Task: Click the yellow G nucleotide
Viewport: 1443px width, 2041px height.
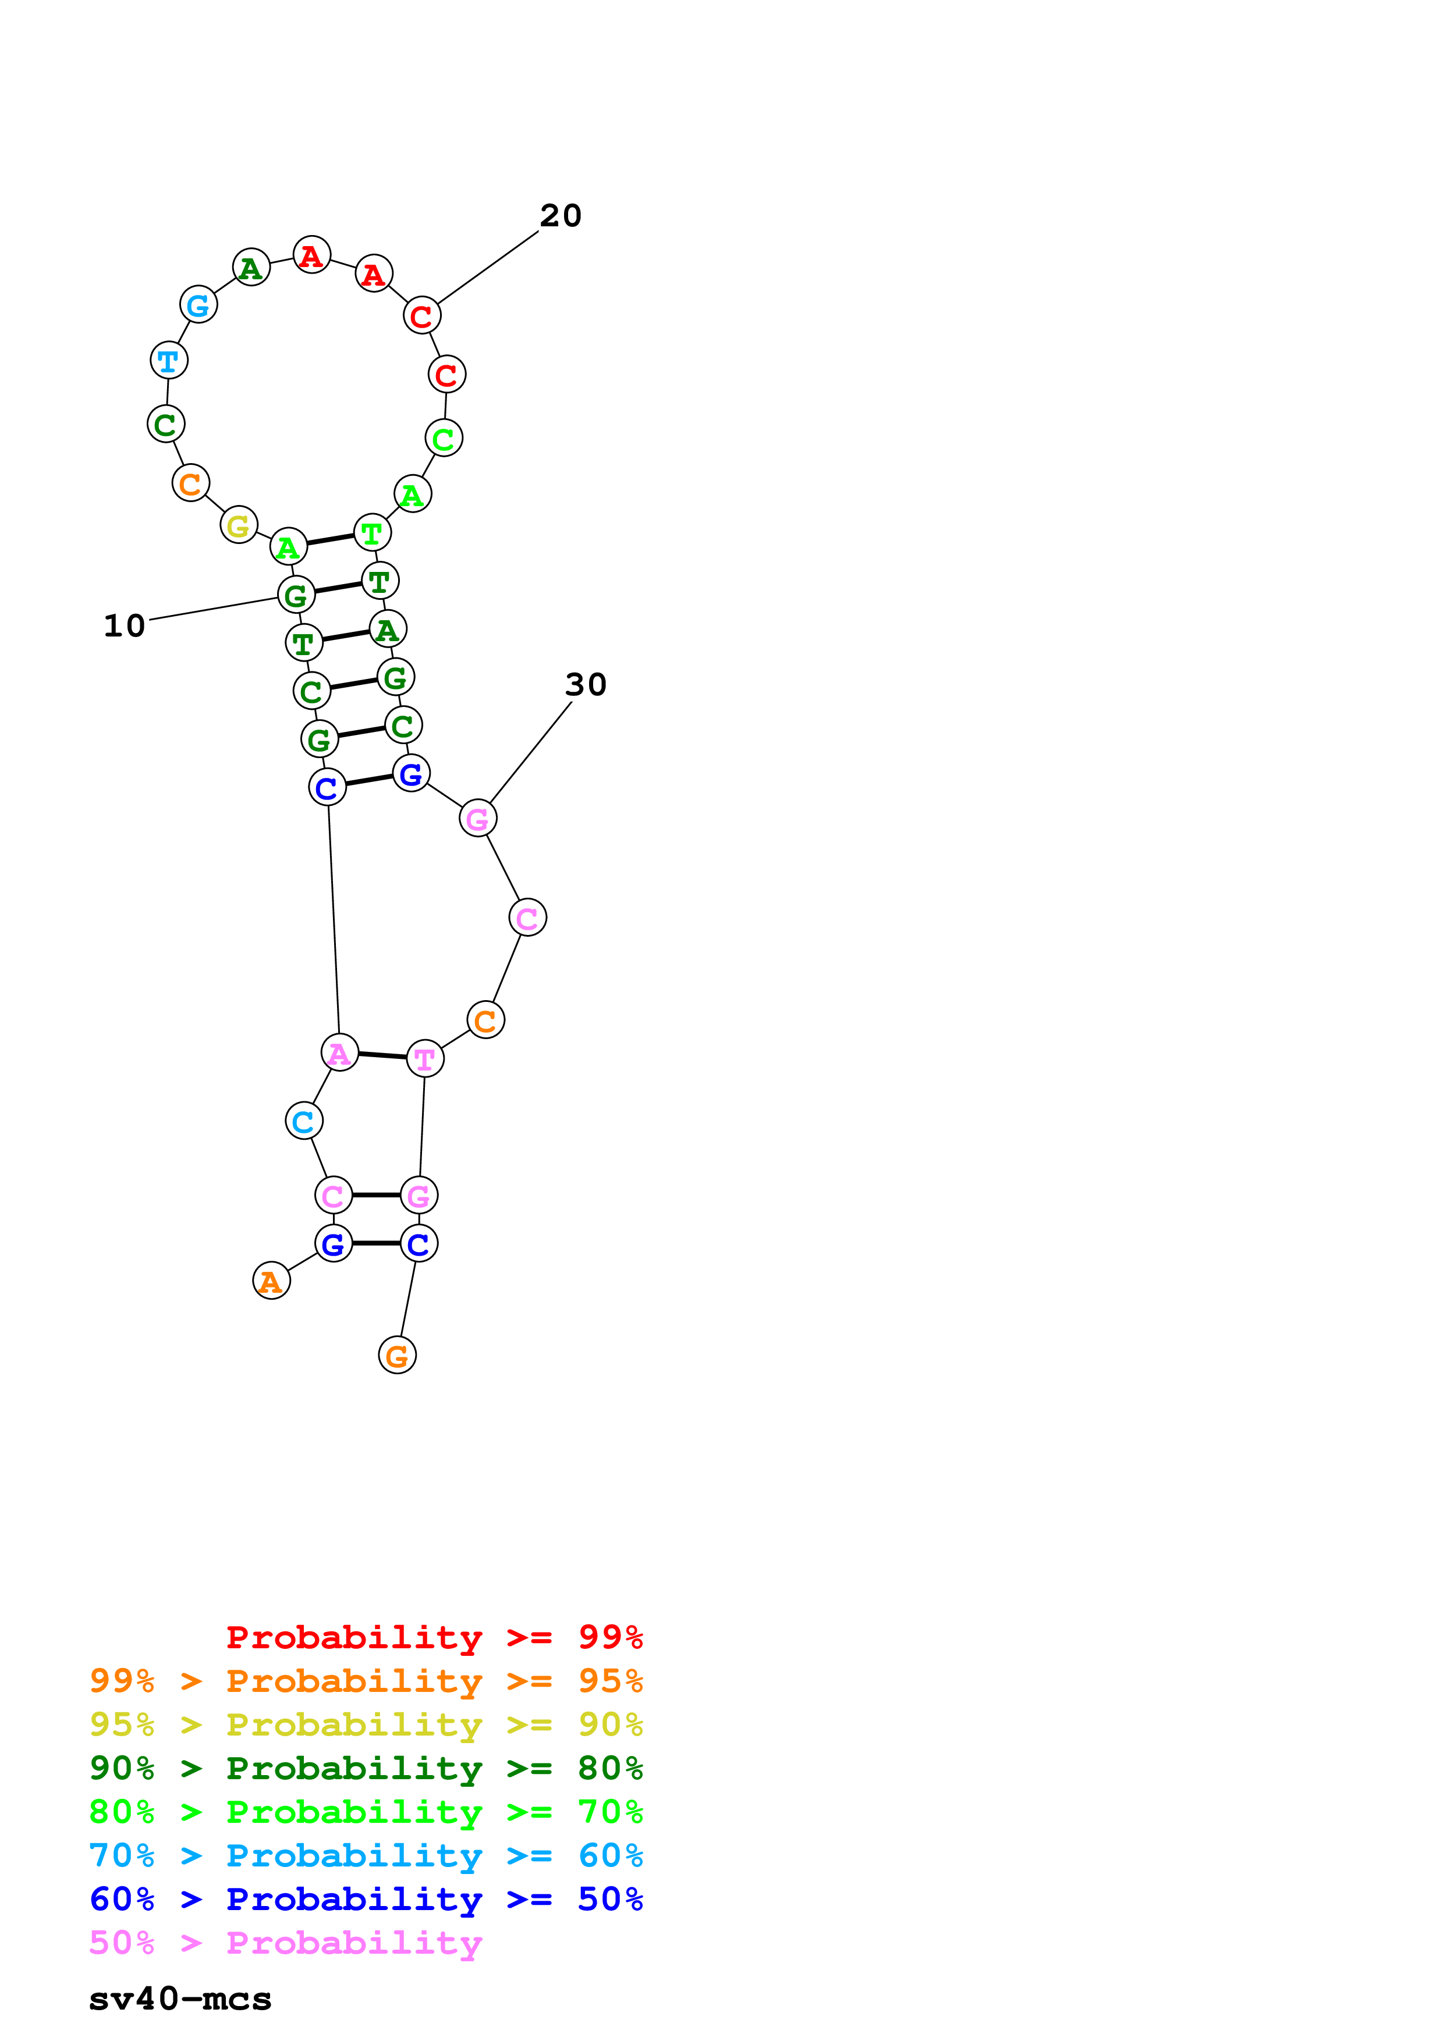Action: (238, 525)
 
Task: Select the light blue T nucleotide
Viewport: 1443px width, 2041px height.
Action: (168, 360)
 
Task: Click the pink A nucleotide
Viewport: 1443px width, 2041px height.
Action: (339, 1052)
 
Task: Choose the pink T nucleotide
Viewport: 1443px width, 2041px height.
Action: (424, 1058)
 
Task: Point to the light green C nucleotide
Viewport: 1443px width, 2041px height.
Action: (444, 438)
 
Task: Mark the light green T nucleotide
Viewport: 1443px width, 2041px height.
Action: (371, 532)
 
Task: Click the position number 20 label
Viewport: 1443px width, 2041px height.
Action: (560, 215)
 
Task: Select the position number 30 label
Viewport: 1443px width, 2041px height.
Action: (585, 684)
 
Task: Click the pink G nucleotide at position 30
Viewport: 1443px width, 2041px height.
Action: (477, 818)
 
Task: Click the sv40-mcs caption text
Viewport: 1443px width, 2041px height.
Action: (180, 1999)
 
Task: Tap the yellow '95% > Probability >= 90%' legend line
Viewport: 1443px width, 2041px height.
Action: (366, 1724)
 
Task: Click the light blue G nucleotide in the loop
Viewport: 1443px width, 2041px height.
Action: (198, 304)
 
